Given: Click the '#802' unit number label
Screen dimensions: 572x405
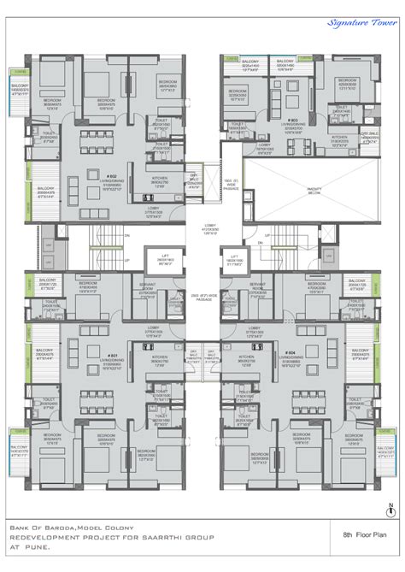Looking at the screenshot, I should [x=112, y=175].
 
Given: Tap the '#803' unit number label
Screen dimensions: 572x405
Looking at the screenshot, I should [x=291, y=121].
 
